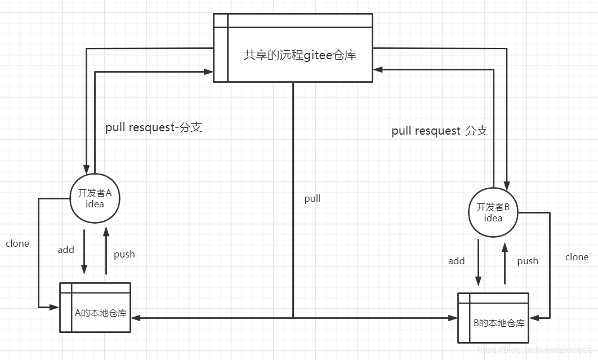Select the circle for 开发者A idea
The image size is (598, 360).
[x=95, y=199]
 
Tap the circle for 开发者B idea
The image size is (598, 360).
[x=493, y=213]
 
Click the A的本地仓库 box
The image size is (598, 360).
[x=95, y=308]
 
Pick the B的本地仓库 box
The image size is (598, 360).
[x=493, y=318]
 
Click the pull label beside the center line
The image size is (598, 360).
[x=313, y=198]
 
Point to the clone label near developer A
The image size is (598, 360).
[x=17, y=243]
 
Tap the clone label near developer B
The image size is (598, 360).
[x=577, y=257]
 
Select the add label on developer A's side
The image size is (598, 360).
[x=66, y=250]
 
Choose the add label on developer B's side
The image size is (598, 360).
[x=457, y=261]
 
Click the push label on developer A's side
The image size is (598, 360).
[x=124, y=254]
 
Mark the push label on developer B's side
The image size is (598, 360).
[x=528, y=261]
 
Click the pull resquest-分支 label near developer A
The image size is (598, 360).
[x=154, y=127]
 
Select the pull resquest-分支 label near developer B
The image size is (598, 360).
[x=440, y=131]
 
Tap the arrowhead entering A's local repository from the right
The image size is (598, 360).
[x=136, y=318]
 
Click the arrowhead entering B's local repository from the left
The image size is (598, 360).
[x=453, y=318]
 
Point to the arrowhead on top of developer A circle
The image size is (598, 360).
[x=87, y=169]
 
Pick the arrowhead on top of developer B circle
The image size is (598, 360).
[x=507, y=183]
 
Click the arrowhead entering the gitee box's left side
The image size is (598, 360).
[x=208, y=72]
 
